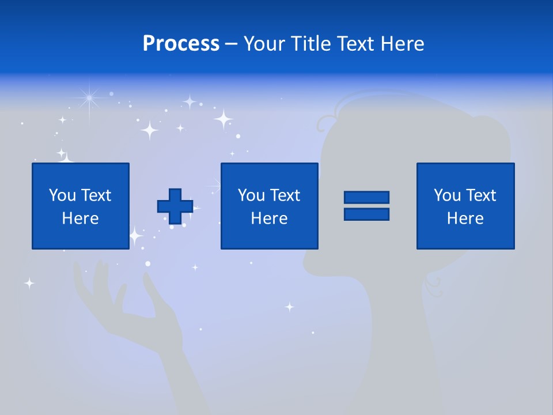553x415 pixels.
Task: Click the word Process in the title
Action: (x=181, y=44)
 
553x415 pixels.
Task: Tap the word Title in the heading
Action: (x=311, y=44)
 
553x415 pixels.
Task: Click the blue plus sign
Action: (x=175, y=206)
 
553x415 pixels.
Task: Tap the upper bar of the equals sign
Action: (x=366, y=197)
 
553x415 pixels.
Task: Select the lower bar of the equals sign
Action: (x=366, y=214)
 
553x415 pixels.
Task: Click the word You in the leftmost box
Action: (x=62, y=195)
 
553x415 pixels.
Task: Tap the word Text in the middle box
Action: (x=286, y=195)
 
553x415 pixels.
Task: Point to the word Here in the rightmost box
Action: (x=465, y=218)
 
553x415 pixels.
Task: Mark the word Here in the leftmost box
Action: (x=81, y=218)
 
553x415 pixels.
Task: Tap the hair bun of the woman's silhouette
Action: (x=490, y=138)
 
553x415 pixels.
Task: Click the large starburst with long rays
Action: (x=89, y=99)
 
